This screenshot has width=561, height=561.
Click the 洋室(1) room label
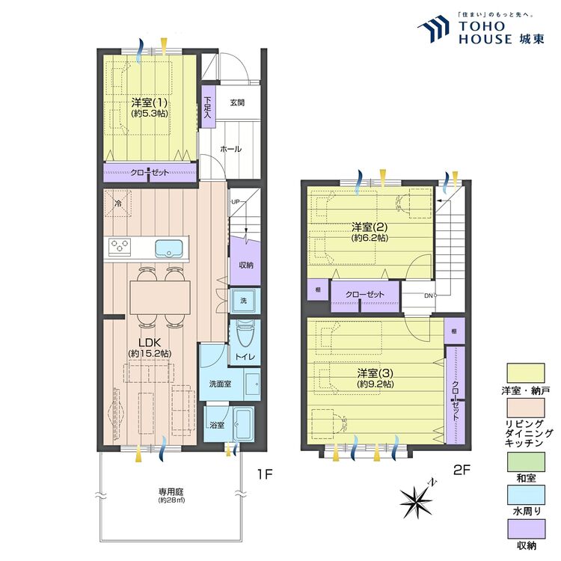pyautogui.click(x=149, y=102)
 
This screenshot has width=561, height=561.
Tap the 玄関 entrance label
pyautogui.click(x=237, y=102)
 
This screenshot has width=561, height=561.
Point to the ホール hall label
pyautogui.click(x=230, y=149)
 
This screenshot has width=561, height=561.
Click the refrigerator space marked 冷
pyautogui.click(x=117, y=201)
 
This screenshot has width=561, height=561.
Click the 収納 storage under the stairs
pyautogui.click(x=245, y=264)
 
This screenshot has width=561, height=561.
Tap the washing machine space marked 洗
pyautogui.click(x=243, y=301)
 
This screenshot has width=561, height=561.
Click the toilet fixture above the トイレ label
pyautogui.click(x=244, y=331)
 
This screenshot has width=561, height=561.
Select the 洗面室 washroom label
pyautogui.click(x=220, y=384)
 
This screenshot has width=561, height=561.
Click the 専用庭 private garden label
pyautogui.click(x=171, y=491)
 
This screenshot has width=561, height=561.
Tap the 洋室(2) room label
pyautogui.click(x=370, y=227)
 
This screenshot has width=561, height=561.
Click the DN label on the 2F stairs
pyautogui.click(x=428, y=295)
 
